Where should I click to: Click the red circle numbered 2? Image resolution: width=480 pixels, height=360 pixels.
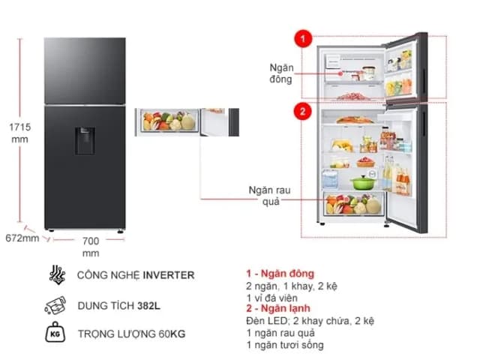[302, 112]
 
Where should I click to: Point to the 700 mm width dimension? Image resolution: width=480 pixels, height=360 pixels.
[91, 247]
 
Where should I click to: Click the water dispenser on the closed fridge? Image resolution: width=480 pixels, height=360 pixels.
[85, 140]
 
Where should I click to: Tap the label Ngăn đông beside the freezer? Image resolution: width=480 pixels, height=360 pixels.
[280, 73]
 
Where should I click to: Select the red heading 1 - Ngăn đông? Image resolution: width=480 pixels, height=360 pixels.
[280, 274]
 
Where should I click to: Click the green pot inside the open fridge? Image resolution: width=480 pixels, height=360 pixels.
[361, 181]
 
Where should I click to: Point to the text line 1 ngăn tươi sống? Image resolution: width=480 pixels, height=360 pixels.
[284, 345]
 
